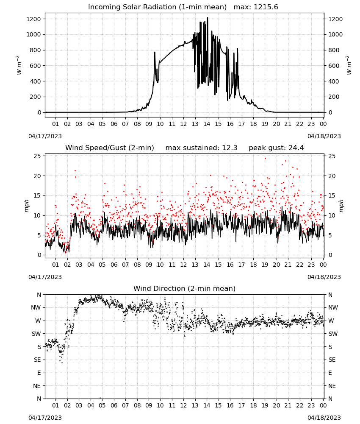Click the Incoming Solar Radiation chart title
point(157,7)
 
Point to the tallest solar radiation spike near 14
point(208,18)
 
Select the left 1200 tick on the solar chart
point(33,19)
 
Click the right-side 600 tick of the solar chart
point(334,66)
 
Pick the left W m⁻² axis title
point(18,65)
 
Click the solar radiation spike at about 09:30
point(155,53)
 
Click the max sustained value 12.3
point(230,148)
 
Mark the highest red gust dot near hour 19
point(265,158)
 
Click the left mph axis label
point(26,206)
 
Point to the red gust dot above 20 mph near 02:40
point(75,170)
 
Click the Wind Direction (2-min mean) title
point(185,288)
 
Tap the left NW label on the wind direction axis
point(36,308)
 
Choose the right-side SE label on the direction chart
point(332,360)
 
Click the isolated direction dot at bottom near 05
point(100,398)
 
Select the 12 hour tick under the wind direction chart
point(183,405)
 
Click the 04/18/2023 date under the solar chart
point(324,136)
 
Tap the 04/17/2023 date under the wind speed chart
point(45,277)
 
